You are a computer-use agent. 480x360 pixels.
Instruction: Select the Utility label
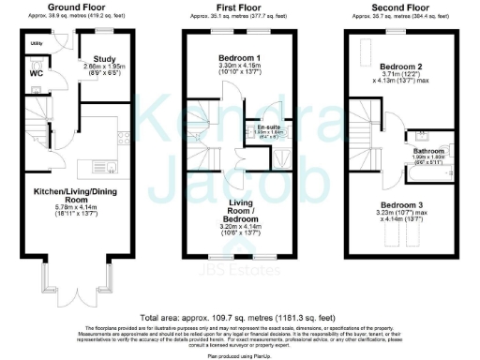[x=36, y=44]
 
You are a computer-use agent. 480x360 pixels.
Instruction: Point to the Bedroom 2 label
[x=398, y=67]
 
